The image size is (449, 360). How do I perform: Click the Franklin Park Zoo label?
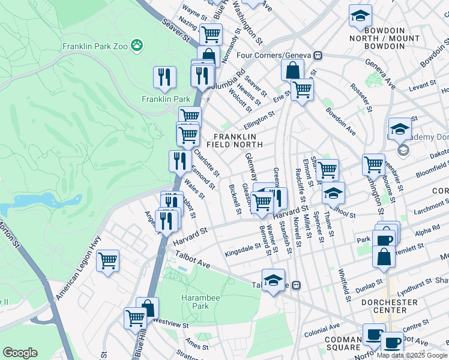pos(95,46)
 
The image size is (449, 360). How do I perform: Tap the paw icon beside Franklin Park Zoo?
pos(138,45)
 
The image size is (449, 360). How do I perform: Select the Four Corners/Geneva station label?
pos(275,55)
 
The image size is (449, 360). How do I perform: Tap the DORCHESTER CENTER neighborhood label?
pos(390,306)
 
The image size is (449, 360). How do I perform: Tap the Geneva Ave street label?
pos(381,75)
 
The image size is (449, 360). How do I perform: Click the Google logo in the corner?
pos(20,353)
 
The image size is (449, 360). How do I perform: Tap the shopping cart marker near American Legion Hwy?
pos(108,260)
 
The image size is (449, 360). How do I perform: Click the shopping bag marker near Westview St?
pos(148,308)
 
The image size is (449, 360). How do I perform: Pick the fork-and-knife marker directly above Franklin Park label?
pos(164,77)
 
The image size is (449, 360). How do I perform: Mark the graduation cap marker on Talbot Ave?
pos(273,280)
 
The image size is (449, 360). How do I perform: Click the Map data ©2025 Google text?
pos(411,355)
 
